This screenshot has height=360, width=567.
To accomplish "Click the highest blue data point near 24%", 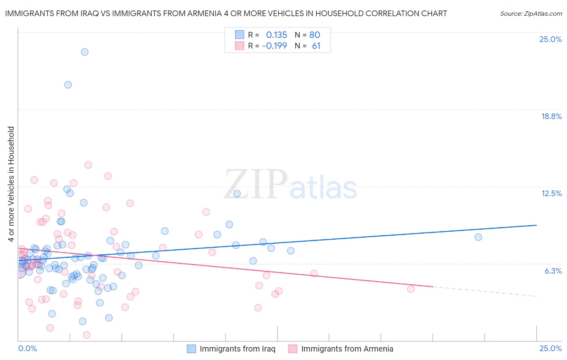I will coord(85,52).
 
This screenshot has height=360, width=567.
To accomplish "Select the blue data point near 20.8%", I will coord(68,85).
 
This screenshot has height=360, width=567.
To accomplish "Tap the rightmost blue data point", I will coord(478,237).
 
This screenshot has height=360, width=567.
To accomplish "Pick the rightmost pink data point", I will coord(411,289).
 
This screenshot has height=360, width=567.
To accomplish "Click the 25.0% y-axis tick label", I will coord(550,39).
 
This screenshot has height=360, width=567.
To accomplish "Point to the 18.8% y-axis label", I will coord(551,116).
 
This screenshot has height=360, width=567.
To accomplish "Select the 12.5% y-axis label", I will coord(551,193).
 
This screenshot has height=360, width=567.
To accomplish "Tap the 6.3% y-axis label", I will coord(553,271).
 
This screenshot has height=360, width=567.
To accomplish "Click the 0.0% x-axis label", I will coord(28,348).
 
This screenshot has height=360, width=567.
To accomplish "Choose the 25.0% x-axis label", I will coord(550,348).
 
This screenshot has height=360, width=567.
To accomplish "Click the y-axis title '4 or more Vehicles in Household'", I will coord(11,184).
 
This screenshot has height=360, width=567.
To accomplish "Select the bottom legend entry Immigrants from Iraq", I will coord(237,349).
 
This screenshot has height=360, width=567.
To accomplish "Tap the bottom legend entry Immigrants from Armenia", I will coord(347,349).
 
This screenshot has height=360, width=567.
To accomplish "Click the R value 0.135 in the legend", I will coord(276,35).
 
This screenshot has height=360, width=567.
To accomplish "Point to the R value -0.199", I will coord(274,46).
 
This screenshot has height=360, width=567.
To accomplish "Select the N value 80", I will coord(315,35).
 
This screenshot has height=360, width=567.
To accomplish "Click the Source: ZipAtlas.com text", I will coord(531,13).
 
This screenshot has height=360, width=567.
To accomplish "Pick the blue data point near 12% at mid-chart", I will coord(237,194).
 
